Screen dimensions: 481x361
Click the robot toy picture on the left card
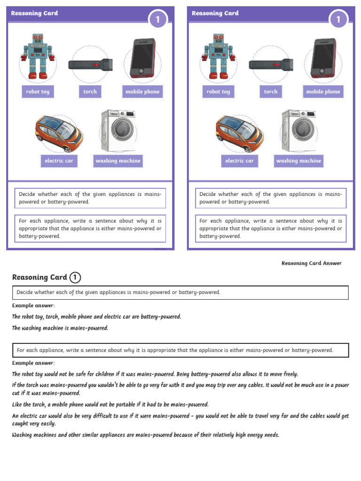[38, 56]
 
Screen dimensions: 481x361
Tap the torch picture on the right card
[271, 65]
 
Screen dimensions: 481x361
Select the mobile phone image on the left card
[143, 58]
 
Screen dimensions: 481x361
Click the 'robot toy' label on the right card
[218, 92]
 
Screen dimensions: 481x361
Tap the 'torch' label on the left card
[90, 92]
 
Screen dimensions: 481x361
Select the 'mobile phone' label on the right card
[323, 92]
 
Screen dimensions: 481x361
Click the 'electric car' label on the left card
[59, 161]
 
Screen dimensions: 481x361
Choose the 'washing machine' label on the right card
[298, 161]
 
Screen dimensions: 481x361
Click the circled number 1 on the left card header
[158, 19]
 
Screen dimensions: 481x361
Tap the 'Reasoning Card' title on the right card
[215, 13]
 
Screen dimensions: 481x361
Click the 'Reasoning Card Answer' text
[312, 263]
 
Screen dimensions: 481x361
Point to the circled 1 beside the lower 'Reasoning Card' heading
[75, 278]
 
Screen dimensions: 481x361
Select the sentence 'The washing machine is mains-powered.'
[60, 328]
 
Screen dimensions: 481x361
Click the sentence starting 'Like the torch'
[110, 404]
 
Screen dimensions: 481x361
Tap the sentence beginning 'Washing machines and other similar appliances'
[145, 435]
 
